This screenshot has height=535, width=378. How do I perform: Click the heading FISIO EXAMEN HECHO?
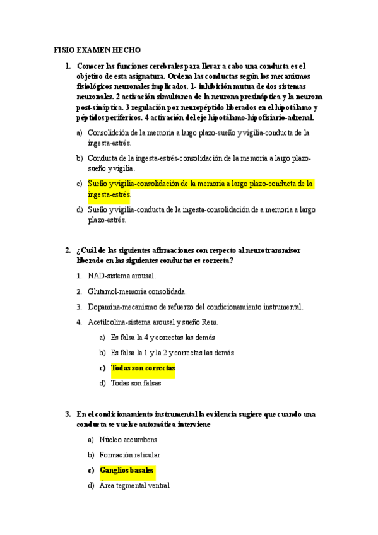[x=97, y=50]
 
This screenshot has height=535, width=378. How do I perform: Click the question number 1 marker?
[x=68, y=66]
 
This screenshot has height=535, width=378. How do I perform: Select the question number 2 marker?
[x=68, y=250]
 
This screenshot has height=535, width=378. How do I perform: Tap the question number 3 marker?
[x=68, y=414]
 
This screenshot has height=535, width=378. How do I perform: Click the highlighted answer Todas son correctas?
[x=143, y=367]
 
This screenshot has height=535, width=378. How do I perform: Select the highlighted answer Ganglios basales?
[x=127, y=470]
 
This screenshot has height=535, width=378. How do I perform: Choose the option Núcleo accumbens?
[x=129, y=439]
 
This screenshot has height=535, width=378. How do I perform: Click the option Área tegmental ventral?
[x=134, y=485]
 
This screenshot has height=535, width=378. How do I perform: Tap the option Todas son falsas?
[x=136, y=382]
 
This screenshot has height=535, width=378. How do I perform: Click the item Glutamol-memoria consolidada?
[x=137, y=291]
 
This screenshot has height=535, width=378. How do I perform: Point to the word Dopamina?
[x=104, y=307]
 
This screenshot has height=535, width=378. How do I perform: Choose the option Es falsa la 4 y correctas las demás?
[x=162, y=337]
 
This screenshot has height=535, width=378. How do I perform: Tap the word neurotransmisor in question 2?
[x=266, y=250]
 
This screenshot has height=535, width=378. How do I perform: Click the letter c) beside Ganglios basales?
[x=92, y=470]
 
